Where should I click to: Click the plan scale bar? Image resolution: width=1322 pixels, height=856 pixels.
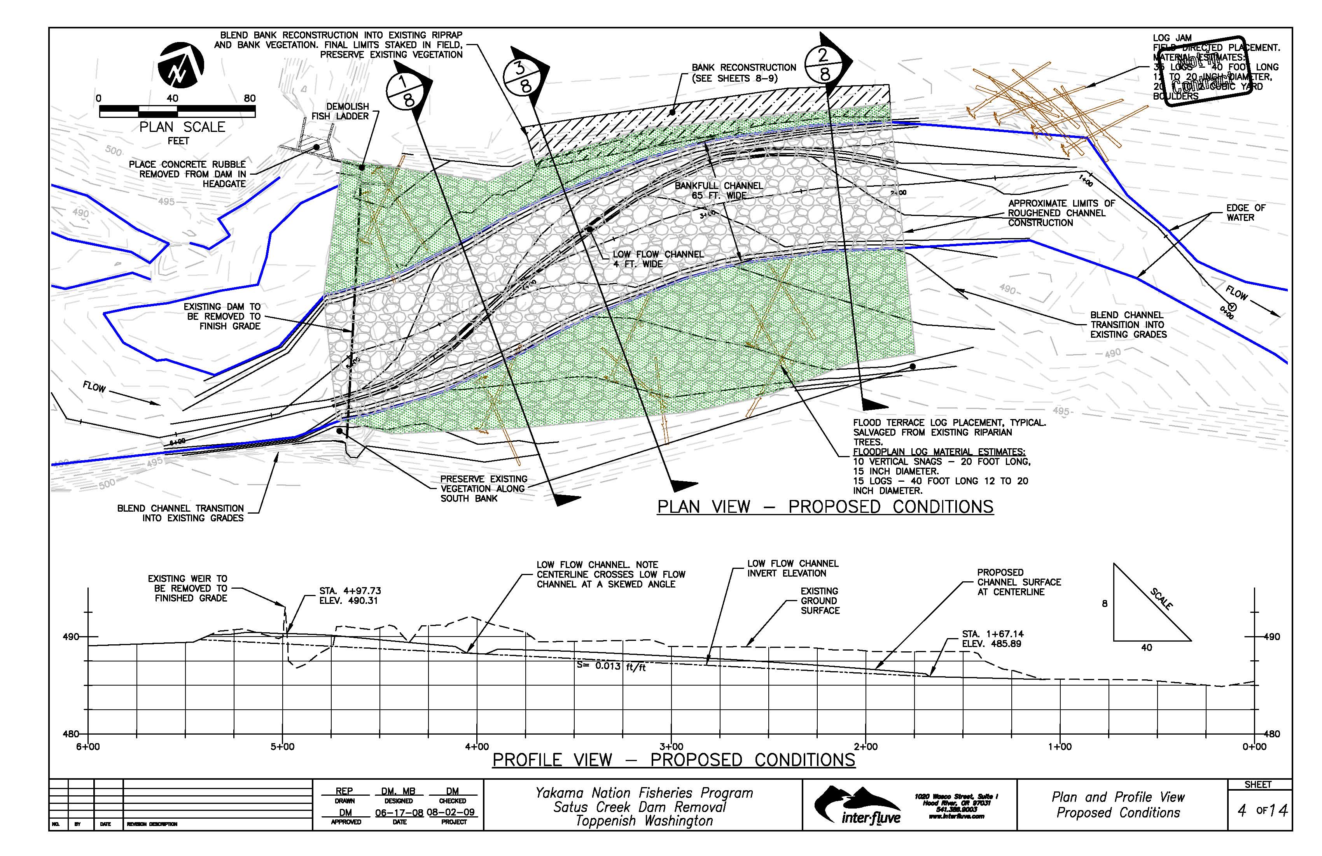coord(177,111)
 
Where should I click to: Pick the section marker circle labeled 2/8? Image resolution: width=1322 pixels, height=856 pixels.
coord(824,64)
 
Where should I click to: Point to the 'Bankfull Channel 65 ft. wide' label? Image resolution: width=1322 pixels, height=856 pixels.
coord(719,190)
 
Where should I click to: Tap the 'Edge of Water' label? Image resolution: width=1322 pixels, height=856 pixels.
coord(1245,212)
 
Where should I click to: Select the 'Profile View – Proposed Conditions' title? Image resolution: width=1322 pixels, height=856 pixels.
coord(674,760)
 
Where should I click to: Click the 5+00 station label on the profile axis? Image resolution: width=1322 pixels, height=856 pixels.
coord(283,747)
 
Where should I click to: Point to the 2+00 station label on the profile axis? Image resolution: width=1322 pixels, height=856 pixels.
coord(866,747)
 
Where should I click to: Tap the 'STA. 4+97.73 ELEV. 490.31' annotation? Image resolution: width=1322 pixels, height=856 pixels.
coord(350,596)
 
